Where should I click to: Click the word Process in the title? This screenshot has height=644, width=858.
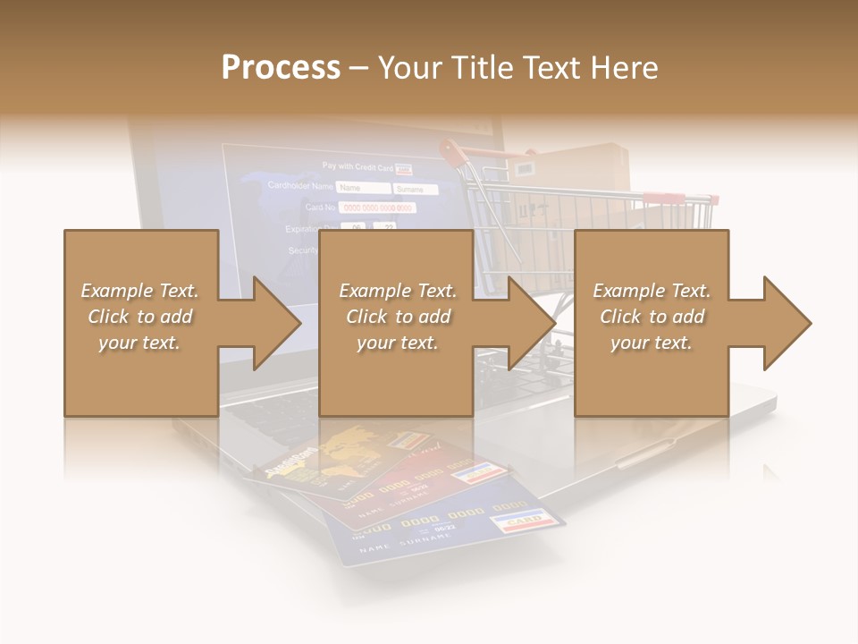[281, 68]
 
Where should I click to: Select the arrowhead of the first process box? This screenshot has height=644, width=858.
[277, 323]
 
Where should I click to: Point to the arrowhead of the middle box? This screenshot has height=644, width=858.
[532, 323]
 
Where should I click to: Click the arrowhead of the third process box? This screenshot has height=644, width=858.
[786, 323]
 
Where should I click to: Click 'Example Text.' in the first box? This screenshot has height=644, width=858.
[139, 291]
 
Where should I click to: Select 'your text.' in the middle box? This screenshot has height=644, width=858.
[397, 343]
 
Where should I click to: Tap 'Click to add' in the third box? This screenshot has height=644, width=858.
[652, 317]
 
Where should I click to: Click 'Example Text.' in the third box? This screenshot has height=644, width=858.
[652, 291]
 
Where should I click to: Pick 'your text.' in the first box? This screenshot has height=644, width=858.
[139, 343]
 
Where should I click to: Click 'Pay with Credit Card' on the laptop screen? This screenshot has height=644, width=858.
[357, 166]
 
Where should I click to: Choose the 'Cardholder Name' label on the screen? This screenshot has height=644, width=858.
[300, 187]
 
